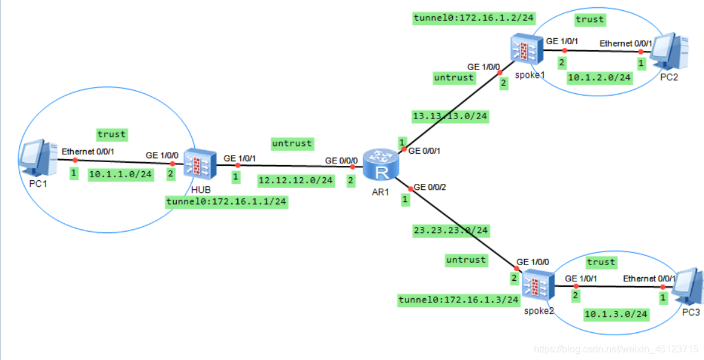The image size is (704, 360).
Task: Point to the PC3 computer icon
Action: point(688,287)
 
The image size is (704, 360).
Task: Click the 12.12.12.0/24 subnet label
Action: point(295,180)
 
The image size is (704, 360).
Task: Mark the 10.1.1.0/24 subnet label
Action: point(120,174)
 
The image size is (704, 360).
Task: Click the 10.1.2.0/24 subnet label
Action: point(599,77)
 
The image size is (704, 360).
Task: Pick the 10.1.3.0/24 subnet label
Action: point(616,314)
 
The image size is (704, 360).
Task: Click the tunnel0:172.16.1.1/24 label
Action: point(226,202)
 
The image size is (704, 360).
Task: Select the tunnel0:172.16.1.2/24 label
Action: point(473,18)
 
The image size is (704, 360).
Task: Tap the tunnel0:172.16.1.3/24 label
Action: point(458,299)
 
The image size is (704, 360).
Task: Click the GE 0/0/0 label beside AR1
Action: point(341,160)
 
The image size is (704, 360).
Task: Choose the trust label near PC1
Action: point(111,134)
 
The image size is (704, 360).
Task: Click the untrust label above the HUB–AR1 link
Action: point(292,143)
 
